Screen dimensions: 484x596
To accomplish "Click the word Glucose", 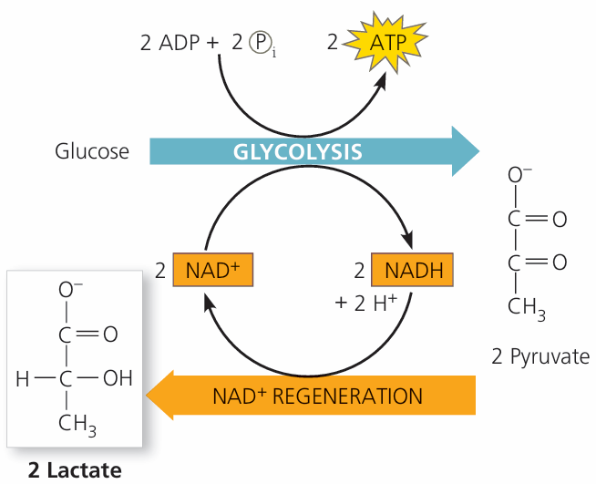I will (91, 151).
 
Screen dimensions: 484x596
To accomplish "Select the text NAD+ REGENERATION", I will (317, 396).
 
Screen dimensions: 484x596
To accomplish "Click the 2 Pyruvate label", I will (540, 355).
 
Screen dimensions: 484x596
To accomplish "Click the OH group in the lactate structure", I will (118, 377).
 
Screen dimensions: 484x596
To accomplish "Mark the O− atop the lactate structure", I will (71, 290).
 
